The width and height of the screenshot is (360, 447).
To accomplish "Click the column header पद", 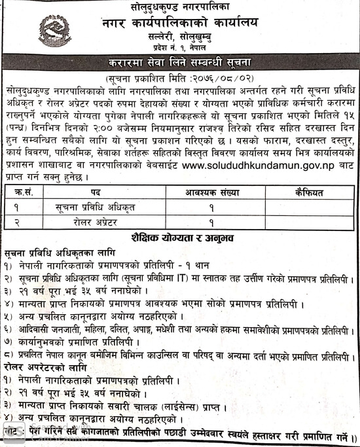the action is pyautogui.click(x=96, y=193).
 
